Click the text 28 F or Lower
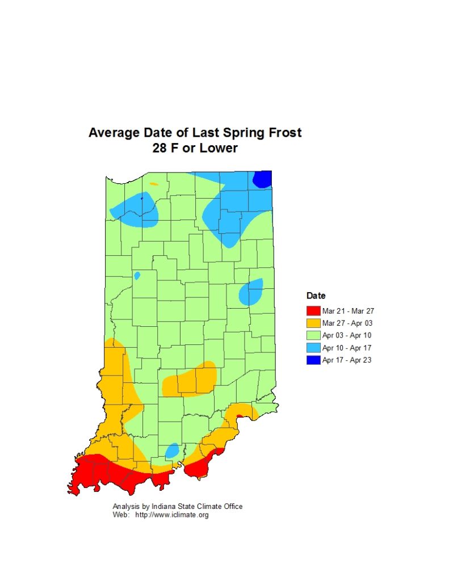pyautogui.click(x=195, y=149)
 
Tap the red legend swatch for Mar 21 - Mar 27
pyautogui.click(x=313, y=310)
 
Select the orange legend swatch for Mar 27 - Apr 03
pyautogui.click(x=313, y=323)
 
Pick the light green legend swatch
pyautogui.click(x=313, y=335)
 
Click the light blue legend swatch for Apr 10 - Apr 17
pyautogui.click(x=313, y=348)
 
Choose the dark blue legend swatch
pyautogui.click(x=313, y=360)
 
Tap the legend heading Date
pyautogui.click(x=316, y=296)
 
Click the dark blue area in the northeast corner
pyautogui.click(x=262, y=179)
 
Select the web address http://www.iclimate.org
pyautogui.click(x=171, y=515)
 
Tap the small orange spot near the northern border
pyautogui.click(x=153, y=184)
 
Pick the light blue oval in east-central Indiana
pyautogui.click(x=250, y=292)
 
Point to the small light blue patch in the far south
pyautogui.click(x=171, y=451)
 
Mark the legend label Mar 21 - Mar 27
pyautogui.click(x=348, y=310)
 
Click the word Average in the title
pyautogui.click(x=113, y=133)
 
